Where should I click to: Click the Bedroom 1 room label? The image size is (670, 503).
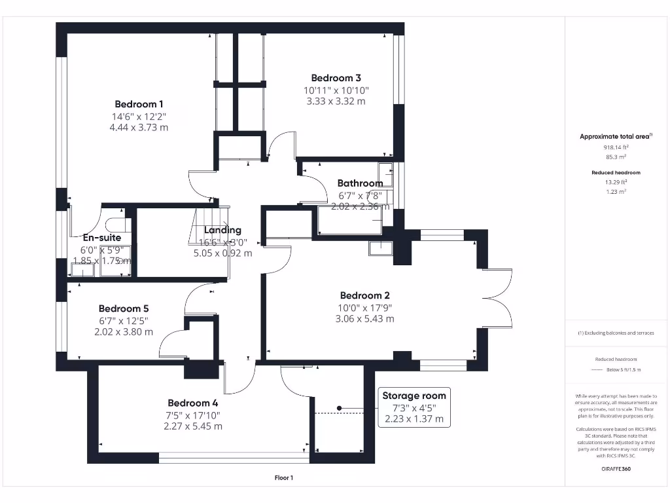point(139,104)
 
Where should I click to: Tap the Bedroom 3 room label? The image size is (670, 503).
point(336,78)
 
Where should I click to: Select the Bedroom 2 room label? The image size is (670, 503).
point(364,295)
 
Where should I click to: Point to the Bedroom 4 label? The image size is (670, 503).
point(192,403)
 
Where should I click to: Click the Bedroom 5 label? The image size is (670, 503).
point(124,308)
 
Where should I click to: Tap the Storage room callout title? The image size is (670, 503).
point(414,396)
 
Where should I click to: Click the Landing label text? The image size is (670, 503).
point(222,231)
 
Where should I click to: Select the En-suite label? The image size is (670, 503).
point(102,238)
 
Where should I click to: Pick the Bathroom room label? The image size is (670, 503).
point(360,183)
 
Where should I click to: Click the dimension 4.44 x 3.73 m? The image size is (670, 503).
point(139,128)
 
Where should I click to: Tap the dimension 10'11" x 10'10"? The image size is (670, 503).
point(336,90)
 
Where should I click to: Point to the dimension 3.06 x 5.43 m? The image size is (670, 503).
point(364,319)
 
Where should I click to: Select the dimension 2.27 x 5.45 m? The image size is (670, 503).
point(192,426)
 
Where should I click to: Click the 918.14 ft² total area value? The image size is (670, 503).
point(614,148)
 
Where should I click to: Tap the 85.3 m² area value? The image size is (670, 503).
point(614,157)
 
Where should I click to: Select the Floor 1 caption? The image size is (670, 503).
point(283,478)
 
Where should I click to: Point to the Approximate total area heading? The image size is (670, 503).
point(614,137)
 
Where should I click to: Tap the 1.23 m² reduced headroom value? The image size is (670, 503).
point(614,191)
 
